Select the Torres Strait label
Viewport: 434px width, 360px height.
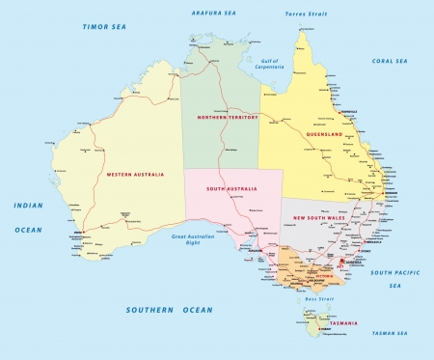pos(307,14)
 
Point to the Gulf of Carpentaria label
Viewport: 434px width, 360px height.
pos(276,67)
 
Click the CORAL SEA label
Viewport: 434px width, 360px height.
pos(390,60)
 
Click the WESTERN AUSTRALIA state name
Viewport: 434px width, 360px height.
pos(132,174)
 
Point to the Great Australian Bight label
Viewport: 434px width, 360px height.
pos(192,239)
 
